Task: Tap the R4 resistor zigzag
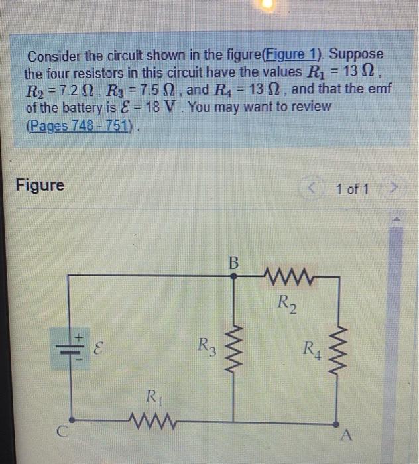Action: pyautogui.click(x=338, y=349)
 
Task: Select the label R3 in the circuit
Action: pyautogui.click(x=206, y=345)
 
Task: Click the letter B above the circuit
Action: pyautogui.click(x=233, y=262)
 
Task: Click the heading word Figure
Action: pyautogui.click(x=40, y=185)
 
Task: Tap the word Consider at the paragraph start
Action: pyautogui.click(x=54, y=55)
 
